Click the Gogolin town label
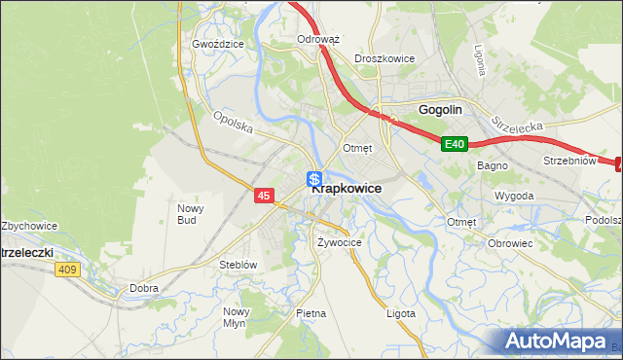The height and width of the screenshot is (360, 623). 439,110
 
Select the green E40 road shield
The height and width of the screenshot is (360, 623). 455,144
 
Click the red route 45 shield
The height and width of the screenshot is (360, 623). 264,196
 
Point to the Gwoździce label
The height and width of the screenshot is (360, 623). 215,45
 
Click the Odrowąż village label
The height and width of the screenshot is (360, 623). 317,40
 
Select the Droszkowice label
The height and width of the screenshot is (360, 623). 385,58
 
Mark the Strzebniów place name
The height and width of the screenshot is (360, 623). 568,162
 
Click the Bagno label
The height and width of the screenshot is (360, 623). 492,165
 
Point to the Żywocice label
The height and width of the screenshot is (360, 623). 340,242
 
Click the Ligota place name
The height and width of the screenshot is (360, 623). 400,313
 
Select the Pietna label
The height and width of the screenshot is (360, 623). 311,313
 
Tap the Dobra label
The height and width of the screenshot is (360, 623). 144,288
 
